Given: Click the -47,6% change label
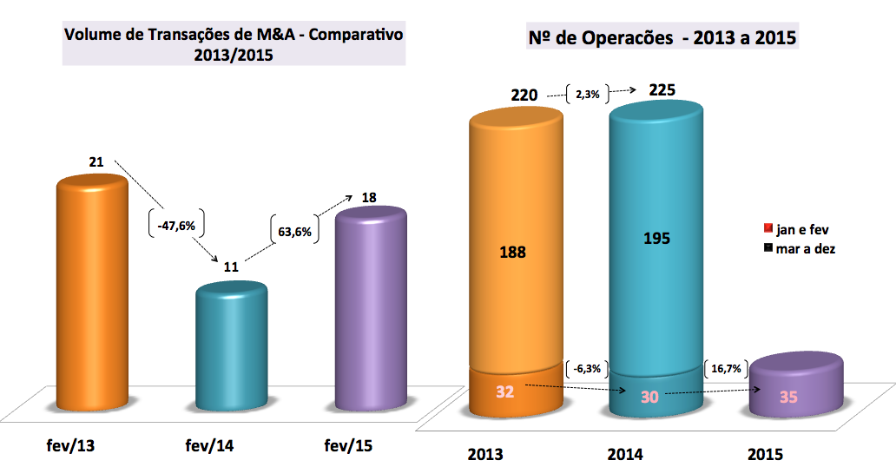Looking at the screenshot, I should (x=176, y=225).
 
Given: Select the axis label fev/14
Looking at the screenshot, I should (x=210, y=446).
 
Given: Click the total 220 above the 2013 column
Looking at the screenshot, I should (x=524, y=94).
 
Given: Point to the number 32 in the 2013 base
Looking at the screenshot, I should (x=505, y=391).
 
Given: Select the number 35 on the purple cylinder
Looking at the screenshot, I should (x=788, y=398).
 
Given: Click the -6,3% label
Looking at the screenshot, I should (x=588, y=368).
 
